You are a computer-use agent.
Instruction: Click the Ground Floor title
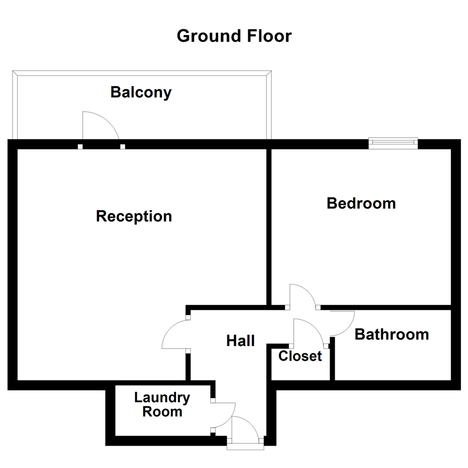[234, 36]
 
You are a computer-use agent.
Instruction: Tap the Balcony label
[141, 93]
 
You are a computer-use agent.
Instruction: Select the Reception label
[134, 216]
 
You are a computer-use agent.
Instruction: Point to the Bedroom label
[361, 203]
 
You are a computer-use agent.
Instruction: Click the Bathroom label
[392, 335]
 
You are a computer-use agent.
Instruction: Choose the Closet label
[300, 356]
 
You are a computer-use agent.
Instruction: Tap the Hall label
[240, 341]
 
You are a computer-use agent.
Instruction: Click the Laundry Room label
[162, 404]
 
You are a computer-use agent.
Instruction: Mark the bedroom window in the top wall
[393, 143]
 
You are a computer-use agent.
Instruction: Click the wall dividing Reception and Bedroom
[269, 225]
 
